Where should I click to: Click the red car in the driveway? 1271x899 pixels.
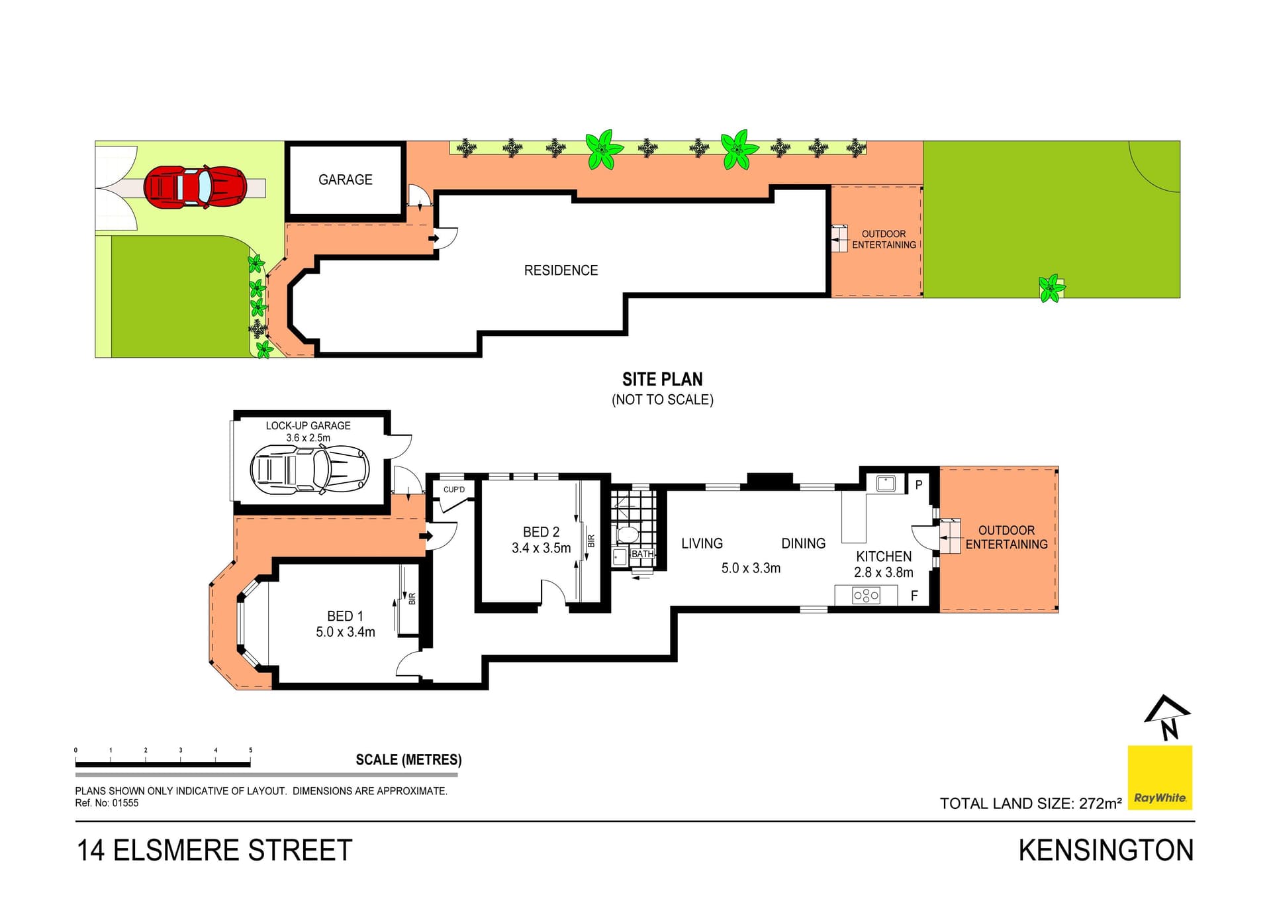(x=195, y=187)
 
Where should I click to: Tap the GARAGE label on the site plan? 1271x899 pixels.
(x=346, y=180)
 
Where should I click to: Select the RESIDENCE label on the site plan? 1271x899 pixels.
(x=561, y=270)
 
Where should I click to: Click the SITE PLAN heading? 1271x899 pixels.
(x=663, y=379)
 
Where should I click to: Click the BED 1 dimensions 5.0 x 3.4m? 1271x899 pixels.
(x=346, y=632)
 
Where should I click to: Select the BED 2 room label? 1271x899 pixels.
(x=541, y=532)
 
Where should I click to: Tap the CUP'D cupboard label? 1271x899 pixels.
(x=454, y=490)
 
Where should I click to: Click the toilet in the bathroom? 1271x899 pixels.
(x=627, y=535)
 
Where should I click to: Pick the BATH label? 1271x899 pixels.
(x=642, y=554)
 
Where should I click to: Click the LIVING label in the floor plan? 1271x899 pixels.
(x=702, y=543)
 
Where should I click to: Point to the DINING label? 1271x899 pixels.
(x=804, y=543)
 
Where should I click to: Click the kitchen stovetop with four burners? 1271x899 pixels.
(x=866, y=596)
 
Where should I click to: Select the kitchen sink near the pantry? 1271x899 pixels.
(x=886, y=483)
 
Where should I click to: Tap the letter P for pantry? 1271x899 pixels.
(x=919, y=485)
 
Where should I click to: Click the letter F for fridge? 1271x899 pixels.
(x=914, y=596)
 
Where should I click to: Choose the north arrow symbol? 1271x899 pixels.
(x=1168, y=717)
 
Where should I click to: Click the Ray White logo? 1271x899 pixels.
(x=1160, y=778)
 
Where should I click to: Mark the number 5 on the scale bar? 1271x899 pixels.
(x=250, y=750)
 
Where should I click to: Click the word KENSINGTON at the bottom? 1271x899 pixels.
(x=1106, y=851)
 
